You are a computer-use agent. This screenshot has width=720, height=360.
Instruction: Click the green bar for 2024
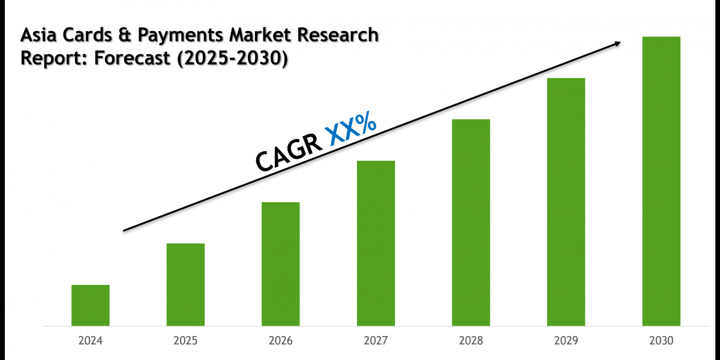[91, 305]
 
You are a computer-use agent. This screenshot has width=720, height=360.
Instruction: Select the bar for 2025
[185, 284]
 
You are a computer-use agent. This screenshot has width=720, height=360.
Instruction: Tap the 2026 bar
[281, 264]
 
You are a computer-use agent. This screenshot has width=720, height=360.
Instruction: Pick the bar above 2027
[376, 243]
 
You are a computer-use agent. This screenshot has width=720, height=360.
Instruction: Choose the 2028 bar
[471, 223]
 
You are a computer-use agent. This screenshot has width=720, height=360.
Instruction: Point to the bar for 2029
[566, 202]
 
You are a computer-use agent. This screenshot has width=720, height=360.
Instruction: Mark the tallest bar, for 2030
[661, 181]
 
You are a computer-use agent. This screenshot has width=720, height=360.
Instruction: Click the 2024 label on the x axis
[91, 341]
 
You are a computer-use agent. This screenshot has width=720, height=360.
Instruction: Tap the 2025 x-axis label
[185, 341]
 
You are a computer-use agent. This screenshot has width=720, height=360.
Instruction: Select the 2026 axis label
[281, 341]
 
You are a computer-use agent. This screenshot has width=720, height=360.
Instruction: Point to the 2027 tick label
[376, 341]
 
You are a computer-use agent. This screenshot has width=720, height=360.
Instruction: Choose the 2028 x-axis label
[471, 341]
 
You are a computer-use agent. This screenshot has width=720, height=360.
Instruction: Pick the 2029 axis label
[566, 341]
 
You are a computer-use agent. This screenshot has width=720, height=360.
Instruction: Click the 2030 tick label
[661, 341]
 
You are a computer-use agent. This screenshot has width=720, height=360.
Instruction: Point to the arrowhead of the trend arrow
[617, 43]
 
